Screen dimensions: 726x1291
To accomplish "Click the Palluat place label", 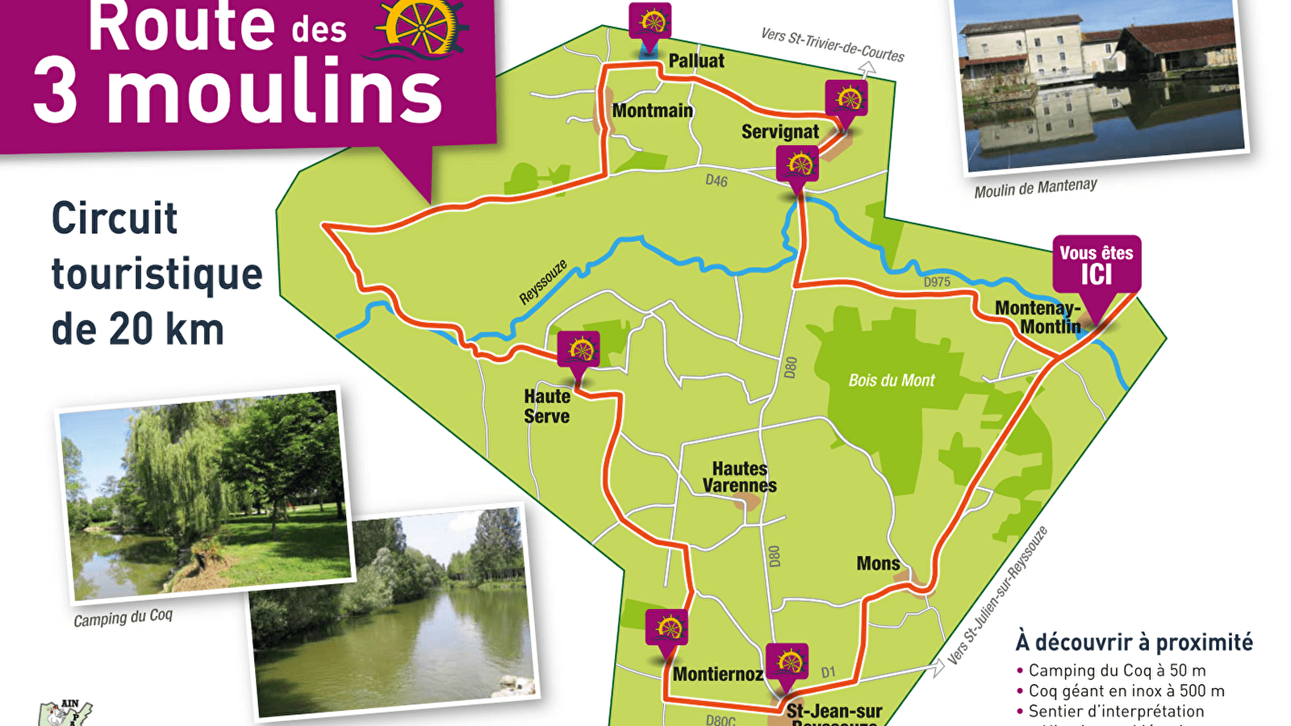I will coord(696,60).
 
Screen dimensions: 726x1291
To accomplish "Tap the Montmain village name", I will coord(652,111).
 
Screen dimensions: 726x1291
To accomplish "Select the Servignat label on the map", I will coord(779,131).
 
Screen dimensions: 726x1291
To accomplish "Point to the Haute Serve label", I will coord(547,407).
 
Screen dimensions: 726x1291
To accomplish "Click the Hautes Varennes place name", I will coord(739,477).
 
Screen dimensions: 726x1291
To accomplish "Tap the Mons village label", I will coord(878,563).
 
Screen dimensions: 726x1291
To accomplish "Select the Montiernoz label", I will coord(717,674).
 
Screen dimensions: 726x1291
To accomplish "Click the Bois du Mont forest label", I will coord(892,380).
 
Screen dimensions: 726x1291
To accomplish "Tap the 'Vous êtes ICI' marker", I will coord(1097,265).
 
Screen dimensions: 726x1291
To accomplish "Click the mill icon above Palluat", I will coord(650,21).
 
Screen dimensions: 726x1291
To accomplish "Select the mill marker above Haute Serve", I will coord(579,351).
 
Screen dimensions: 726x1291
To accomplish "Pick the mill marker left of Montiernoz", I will coord(666,628).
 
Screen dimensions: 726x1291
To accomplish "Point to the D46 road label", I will coord(716,181).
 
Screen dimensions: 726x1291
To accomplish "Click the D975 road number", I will coord(937,282).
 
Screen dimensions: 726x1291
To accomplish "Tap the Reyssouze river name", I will coord(543,282).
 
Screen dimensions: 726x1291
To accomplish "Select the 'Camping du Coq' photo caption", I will coord(123,618).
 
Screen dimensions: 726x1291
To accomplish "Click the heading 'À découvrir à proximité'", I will coord(1134,642).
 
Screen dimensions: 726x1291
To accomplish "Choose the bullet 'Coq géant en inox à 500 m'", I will coord(1126,691).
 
